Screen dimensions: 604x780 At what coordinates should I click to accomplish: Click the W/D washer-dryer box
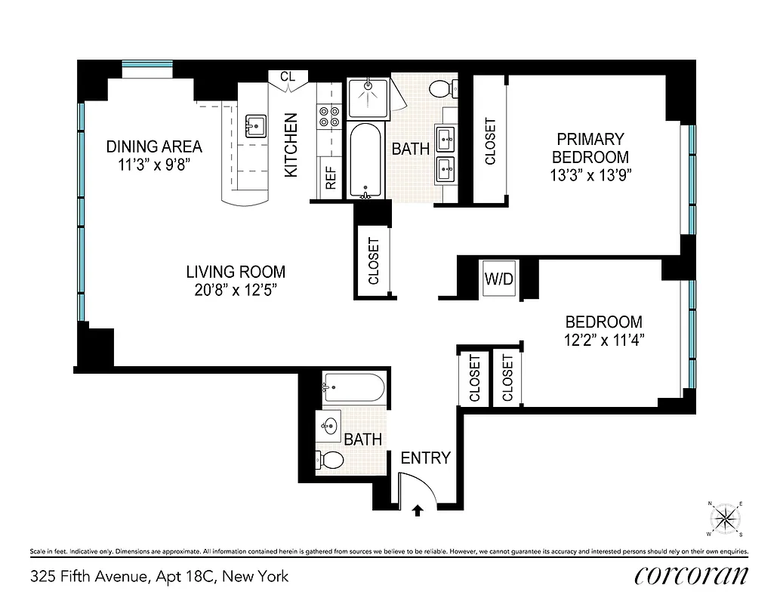pyautogui.click(x=498, y=279)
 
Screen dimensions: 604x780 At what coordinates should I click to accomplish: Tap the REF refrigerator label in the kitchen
pyautogui.click(x=330, y=176)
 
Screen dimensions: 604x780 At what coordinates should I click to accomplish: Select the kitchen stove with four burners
pyautogui.click(x=329, y=117)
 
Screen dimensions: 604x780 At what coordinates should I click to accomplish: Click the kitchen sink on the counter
pyautogui.click(x=254, y=125)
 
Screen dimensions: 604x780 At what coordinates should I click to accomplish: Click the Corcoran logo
pyautogui.click(x=692, y=575)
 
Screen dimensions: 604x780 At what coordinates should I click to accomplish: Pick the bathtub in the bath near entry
pyautogui.click(x=353, y=388)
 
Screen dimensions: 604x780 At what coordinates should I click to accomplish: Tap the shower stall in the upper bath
pyautogui.click(x=368, y=97)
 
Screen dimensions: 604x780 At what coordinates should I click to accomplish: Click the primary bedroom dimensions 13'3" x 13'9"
pyautogui.click(x=590, y=175)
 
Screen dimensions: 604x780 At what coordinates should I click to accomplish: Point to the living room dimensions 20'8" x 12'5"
pyautogui.click(x=236, y=289)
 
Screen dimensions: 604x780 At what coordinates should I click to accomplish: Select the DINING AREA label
pyautogui.click(x=154, y=146)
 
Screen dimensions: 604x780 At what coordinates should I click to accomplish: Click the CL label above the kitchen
pyautogui.click(x=288, y=76)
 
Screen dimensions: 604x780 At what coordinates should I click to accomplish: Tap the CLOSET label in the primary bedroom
pyautogui.click(x=490, y=142)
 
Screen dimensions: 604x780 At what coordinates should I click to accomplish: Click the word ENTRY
pyautogui.click(x=425, y=458)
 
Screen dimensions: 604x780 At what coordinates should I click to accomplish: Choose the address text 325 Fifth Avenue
pyautogui.click(x=89, y=577)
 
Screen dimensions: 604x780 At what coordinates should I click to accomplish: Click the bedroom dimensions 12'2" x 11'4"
pyautogui.click(x=604, y=339)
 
